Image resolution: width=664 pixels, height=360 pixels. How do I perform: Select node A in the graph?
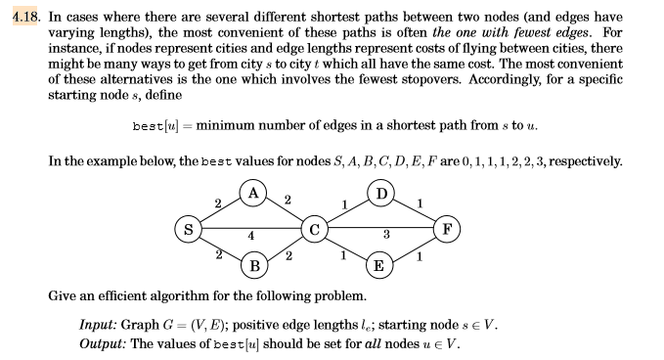tap(254, 194)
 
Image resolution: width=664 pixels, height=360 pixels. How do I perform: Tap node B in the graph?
tap(254, 265)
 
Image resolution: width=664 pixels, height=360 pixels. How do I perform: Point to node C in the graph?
tap(315, 230)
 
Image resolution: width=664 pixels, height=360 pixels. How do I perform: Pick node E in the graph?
tap(382, 265)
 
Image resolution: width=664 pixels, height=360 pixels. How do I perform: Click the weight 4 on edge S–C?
tap(251, 236)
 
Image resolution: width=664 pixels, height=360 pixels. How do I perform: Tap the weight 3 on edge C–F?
tap(385, 236)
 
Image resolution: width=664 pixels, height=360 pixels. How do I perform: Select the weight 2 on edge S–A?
tap(217, 203)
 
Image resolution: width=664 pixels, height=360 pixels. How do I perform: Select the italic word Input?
tap(98, 326)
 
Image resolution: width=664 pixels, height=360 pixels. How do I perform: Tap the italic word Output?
tap(103, 343)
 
